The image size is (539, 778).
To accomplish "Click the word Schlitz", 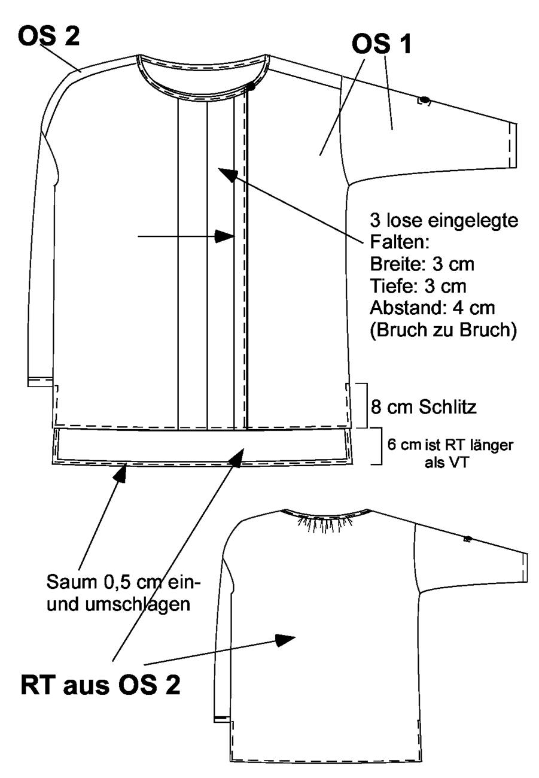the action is click(447, 407).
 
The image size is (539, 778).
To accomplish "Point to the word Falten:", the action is click(400, 242).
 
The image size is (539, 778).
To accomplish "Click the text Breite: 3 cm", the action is click(422, 264).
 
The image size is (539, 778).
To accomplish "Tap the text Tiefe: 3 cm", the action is click(418, 286).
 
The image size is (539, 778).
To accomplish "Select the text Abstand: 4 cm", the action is click(432, 308).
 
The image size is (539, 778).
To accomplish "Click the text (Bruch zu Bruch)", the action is click(443, 330).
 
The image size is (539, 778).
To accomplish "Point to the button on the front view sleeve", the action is click(424, 101).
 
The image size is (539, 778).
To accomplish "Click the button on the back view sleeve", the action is click(467, 539).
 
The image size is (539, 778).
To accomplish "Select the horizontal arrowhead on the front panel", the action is click(224, 236).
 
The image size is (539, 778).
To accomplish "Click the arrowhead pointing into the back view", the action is click(285, 639).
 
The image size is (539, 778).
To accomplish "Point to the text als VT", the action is click(447, 463).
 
